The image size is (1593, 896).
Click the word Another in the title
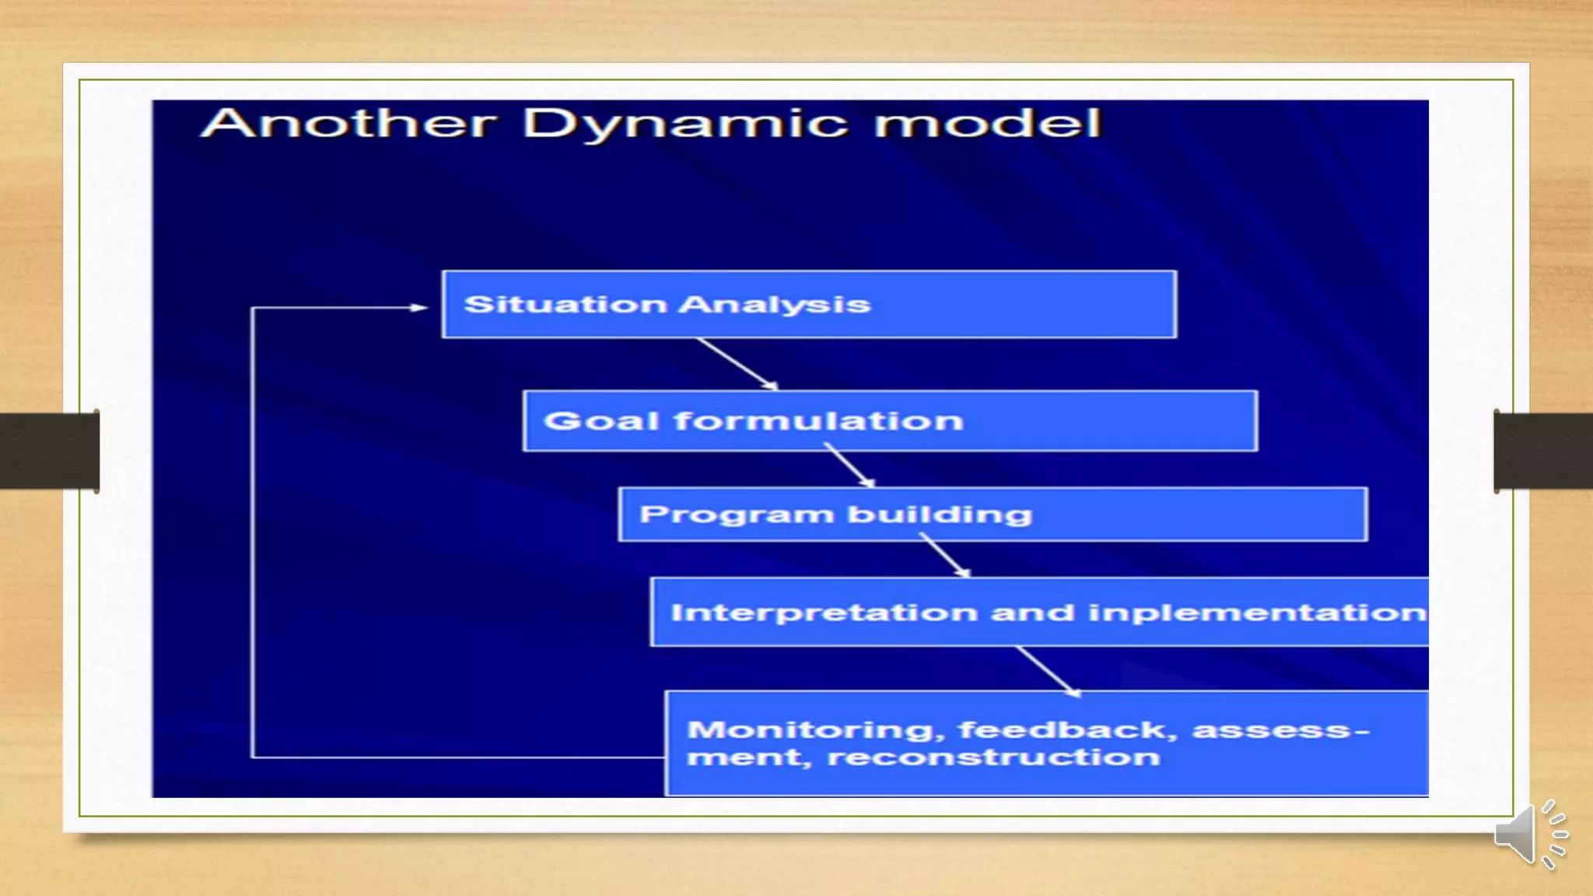348,123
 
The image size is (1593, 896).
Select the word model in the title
987,123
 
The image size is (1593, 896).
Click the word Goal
601,421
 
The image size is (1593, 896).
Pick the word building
940,515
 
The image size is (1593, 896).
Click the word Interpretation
824,613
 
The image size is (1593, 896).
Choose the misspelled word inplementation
1257,613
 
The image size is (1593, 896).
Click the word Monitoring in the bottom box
811,730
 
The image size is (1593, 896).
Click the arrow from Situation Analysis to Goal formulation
737,363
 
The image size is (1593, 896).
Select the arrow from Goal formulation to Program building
849,465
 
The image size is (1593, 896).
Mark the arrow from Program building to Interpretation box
944,555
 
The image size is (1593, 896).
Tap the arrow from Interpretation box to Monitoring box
1048,670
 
